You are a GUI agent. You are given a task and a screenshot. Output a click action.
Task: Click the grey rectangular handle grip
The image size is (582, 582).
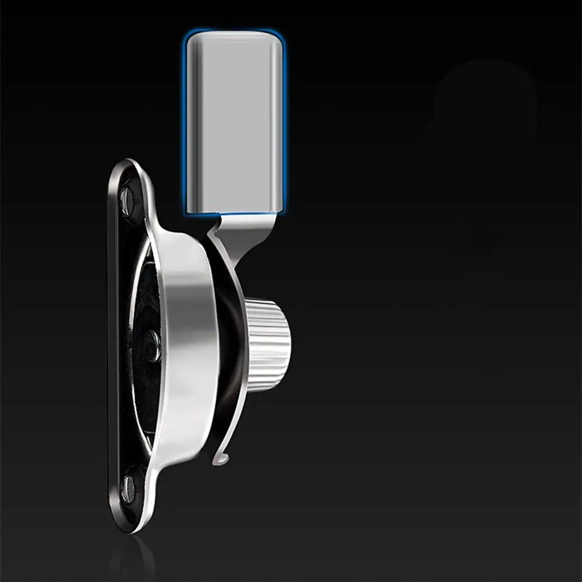click(x=236, y=122)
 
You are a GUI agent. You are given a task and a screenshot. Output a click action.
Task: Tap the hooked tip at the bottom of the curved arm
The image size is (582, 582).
click(x=221, y=460)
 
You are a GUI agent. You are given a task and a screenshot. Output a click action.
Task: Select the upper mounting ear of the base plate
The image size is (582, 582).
click(x=129, y=186)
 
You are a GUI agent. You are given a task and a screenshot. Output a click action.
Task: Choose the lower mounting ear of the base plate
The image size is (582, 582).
click(x=131, y=495)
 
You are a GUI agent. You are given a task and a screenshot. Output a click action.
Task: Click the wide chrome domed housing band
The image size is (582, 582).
click(x=186, y=338)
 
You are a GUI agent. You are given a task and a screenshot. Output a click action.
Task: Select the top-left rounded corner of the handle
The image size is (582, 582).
click(x=192, y=38)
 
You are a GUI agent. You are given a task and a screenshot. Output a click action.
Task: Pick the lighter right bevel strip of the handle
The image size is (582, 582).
click(x=278, y=122)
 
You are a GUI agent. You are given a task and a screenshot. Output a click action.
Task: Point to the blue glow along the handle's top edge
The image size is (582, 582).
click(x=236, y=30)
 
